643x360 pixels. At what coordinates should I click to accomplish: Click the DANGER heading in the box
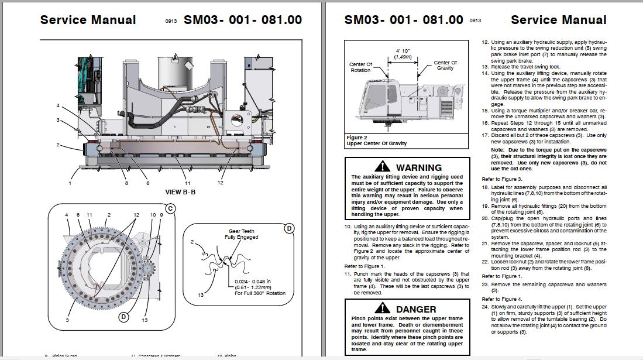point(415,309)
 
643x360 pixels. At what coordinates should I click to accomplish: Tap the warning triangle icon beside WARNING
point(383,167)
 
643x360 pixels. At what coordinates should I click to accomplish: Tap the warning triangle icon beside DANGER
point(383,308)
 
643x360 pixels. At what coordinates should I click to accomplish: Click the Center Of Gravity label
point(445,65)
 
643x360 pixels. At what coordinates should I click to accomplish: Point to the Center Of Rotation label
point(360,67)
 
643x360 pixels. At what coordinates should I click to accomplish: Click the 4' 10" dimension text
point(402,51)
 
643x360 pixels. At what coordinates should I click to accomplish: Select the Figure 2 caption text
point(377,140)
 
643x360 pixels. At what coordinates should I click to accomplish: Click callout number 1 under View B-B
point(69,183)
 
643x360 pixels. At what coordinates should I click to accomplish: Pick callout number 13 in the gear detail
point(200,294)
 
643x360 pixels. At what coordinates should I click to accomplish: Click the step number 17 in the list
point(485,135)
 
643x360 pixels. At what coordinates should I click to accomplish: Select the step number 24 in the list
point(485,307)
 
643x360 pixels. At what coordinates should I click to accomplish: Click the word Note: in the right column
point(497,150)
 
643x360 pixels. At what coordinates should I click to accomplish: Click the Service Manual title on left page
point(88,20)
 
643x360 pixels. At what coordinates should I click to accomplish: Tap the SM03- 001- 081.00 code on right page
point(404,20)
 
